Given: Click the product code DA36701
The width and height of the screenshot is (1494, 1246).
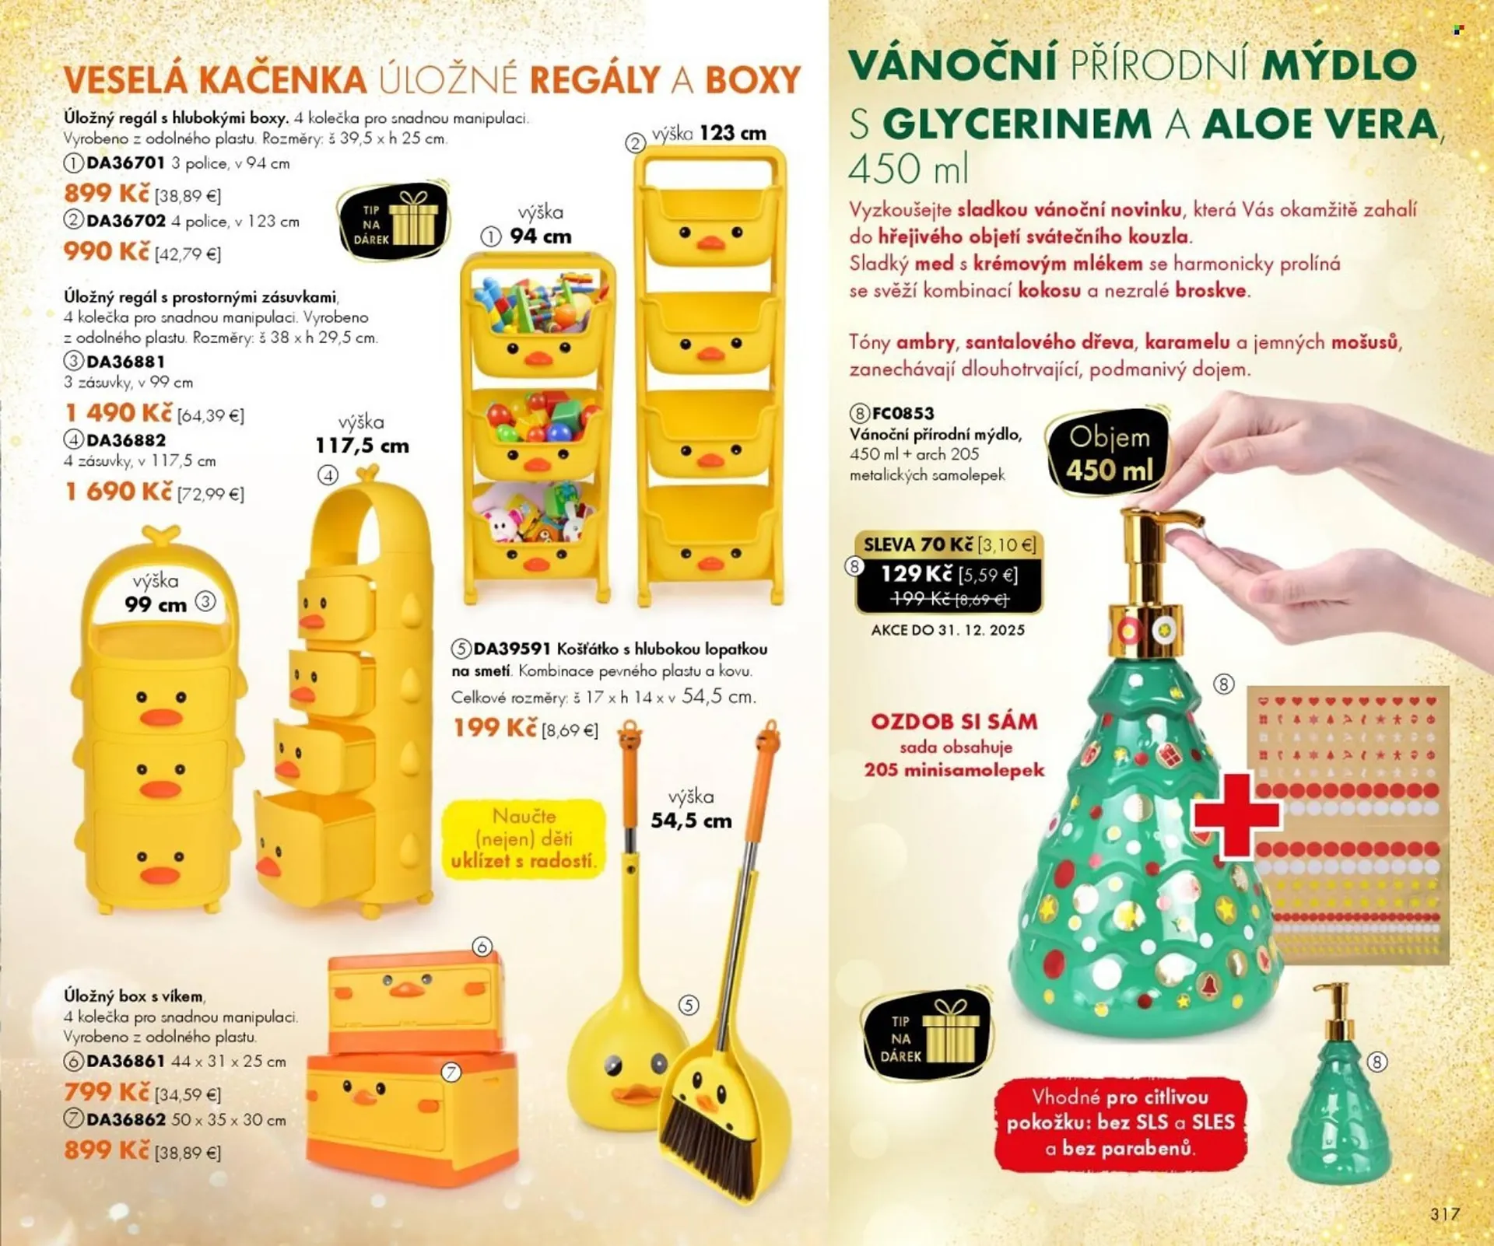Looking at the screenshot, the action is tap(126, 163).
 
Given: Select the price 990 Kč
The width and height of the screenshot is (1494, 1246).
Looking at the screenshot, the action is tap(107, 251).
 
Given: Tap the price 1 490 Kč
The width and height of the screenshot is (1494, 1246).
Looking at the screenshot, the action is tap(118, 413).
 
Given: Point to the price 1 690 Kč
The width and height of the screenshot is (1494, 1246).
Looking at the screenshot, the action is tap(118, 492).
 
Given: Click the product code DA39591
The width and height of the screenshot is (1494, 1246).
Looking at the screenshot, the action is tap(512, 649).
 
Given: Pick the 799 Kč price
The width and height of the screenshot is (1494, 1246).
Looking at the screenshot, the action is tap(107, 1092).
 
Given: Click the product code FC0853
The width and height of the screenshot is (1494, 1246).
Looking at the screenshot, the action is tap(903, 413).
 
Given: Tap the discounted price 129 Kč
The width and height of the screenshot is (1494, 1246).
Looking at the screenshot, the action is tap(916, 574).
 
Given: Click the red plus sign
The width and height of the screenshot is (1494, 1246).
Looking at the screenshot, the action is tap(1236, 814).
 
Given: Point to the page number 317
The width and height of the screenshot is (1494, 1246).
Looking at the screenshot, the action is tap(1444, 1213).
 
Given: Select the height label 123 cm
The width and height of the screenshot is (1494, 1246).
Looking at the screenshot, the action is tap(732, 134).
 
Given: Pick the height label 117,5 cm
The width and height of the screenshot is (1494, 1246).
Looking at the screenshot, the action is tap(362, 446).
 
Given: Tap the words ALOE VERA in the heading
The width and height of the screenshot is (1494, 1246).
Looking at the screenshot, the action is tap(1320, 124).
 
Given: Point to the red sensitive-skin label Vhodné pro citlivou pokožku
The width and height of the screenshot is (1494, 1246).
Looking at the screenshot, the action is tap(1120, 1123).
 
